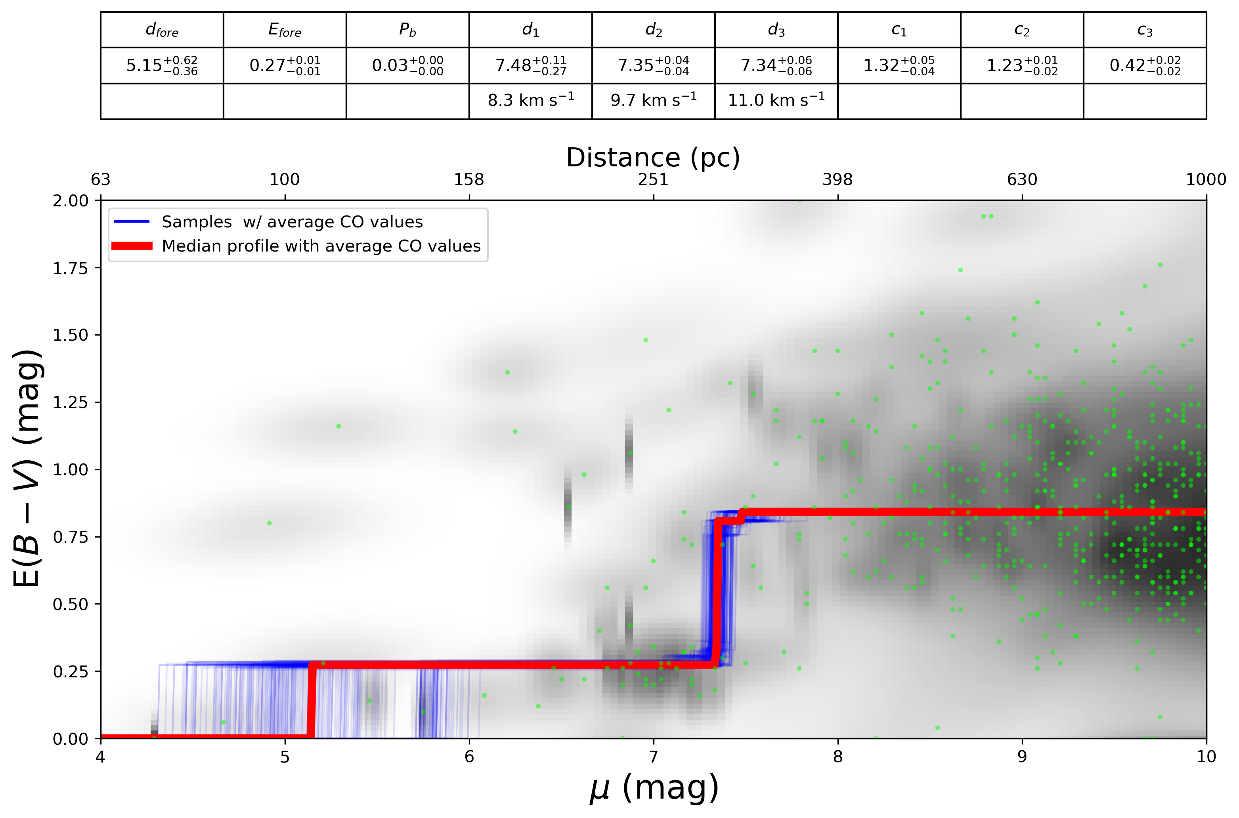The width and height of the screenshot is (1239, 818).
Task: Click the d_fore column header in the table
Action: (162, 30)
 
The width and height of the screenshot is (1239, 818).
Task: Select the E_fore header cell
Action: (285, 30)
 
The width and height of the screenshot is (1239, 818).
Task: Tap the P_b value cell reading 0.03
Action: (407, 66)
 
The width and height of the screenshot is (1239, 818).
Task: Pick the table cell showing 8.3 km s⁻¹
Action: (530, 100)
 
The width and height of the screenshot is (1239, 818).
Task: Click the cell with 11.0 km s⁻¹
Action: (776, 100)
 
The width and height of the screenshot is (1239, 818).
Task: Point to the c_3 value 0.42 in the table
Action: (1145, 66)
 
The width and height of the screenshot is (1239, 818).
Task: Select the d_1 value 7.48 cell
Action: (530, 66)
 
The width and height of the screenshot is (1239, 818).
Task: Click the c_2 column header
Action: (1021, 30)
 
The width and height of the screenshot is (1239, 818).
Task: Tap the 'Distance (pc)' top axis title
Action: (653, 158)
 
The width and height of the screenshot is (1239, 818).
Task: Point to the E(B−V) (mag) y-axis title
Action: (27, 469)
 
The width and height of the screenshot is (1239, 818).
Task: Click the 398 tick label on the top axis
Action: (837, 180)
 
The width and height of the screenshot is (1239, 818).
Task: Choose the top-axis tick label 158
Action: (468, 180)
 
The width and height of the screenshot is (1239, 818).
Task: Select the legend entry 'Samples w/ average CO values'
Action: (292, 222)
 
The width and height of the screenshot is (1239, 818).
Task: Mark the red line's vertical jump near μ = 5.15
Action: (311, 701)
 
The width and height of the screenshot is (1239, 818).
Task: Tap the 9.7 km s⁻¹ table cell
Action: (653, 100)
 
